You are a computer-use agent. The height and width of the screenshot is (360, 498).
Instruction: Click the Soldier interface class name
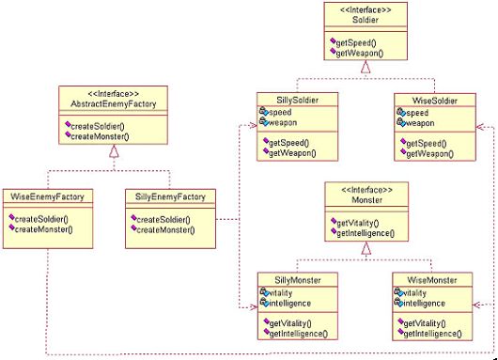click(x=366, y=20)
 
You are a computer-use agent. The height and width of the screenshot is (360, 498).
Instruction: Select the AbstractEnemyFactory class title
click(x=114, y=104)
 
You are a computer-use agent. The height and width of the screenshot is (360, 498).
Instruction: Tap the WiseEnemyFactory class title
click(x=47, y=196)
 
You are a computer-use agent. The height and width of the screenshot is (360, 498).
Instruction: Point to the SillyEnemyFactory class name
click(x=170, y=196)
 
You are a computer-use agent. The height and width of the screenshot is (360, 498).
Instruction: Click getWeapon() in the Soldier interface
click(x=360, y=53)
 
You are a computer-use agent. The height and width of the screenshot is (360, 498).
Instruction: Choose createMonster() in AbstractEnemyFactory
click(x=100, y=136)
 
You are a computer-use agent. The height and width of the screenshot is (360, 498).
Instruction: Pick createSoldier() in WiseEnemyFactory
click(x=41, y=219)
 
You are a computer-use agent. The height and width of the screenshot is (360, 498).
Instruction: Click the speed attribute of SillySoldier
click(x=280, y=112)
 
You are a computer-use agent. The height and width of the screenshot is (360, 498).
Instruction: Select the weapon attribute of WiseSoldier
click(x=420, y=123)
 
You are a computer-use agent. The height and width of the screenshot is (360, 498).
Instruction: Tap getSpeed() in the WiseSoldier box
click(x=427, y=144)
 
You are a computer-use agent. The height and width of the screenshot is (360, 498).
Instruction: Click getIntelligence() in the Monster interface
click(x=366, y=233)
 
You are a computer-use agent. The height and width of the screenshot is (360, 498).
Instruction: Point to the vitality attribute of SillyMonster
click(x=280, y=292)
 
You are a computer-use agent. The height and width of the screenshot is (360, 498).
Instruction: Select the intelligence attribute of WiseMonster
click(x=424, y=303)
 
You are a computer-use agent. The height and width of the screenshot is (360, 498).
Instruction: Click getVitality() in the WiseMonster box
click(x=425, y=323)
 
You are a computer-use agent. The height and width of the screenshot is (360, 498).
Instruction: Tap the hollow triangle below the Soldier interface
click(x=366, y=67)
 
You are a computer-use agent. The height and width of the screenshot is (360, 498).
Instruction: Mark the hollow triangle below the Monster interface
click(x=366, y=248)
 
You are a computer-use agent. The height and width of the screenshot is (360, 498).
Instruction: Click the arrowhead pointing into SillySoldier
click(x=253, y=125)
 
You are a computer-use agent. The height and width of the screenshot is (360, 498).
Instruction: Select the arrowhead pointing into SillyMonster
click(x=254, y=307)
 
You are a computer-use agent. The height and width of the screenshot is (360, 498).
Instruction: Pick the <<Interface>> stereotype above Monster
click(x=366, y=190)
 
